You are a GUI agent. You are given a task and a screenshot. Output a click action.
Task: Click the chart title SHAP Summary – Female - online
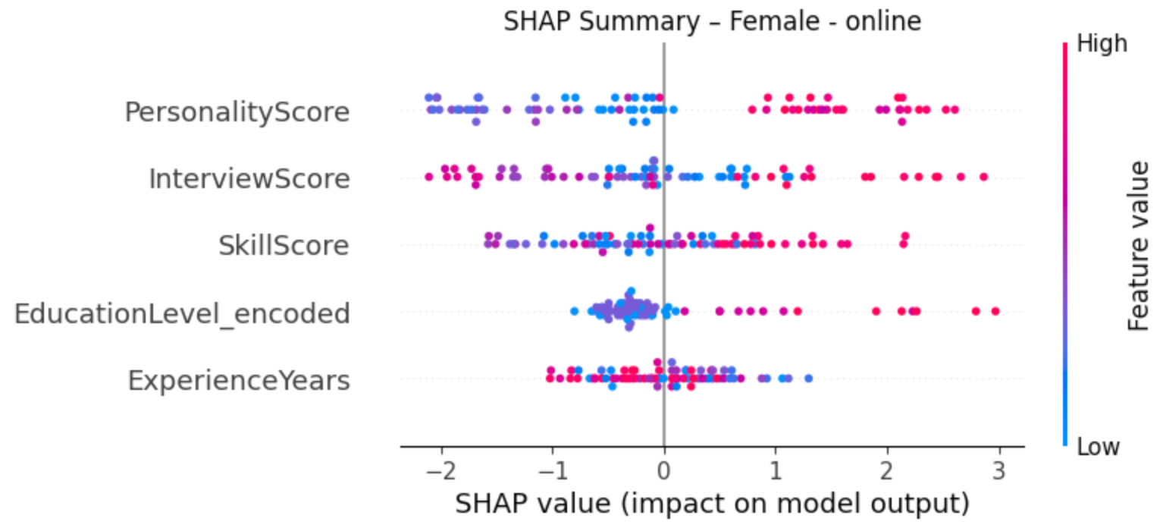(712, 20)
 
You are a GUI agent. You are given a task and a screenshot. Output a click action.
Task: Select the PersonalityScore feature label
(237, 112)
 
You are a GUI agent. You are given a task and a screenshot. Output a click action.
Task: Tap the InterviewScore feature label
(249, 179)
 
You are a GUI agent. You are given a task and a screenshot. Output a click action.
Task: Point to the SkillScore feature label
(284, 246)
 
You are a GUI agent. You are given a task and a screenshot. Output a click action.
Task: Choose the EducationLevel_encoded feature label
(182, 313)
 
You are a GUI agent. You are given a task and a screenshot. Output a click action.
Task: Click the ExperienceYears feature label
(239, 379)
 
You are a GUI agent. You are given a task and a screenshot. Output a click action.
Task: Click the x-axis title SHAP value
(712, 504)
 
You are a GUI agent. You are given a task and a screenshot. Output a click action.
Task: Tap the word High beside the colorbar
(1102, 44)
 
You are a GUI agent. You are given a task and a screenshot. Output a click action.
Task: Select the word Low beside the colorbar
(1099, 446)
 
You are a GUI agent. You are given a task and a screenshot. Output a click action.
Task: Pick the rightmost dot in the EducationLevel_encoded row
(995, 311)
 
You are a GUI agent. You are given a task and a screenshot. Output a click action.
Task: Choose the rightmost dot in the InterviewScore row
(983, 177)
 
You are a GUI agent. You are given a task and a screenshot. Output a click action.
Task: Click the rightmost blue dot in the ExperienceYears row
(808, 378)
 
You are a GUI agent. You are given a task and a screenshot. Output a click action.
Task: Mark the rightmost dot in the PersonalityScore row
(954, 110)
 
